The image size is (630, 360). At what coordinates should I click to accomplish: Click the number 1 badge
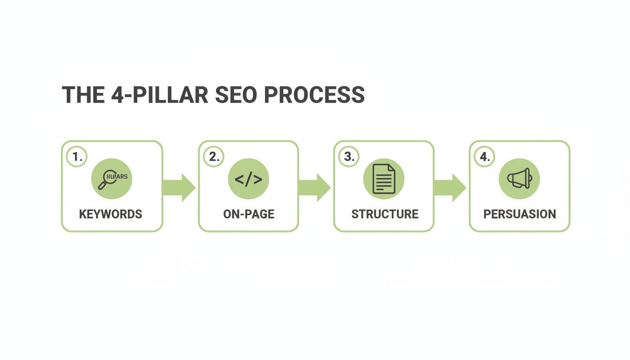coord(77,157)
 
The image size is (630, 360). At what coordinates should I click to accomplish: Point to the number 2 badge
coord(214,157)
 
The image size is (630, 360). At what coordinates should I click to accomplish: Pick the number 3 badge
coord(349,157)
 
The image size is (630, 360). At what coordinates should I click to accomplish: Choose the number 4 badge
coord(485,157)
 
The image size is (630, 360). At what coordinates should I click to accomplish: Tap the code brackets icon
coord(248,179)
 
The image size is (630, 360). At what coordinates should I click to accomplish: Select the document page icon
coord(383,179)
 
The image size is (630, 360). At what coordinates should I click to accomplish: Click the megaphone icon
coord(519,179)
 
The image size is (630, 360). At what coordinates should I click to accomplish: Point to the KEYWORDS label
coord(111,214)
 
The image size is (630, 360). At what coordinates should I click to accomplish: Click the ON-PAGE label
coord(248,214)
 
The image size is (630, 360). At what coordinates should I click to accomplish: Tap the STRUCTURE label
coord(385,214)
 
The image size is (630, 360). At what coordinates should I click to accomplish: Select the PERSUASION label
coord(519,214)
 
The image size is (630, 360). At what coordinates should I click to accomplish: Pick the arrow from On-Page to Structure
coord(315,187)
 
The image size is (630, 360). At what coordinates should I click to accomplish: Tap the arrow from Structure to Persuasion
coord(450,187)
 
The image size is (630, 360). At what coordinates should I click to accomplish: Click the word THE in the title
coord(83,95)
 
